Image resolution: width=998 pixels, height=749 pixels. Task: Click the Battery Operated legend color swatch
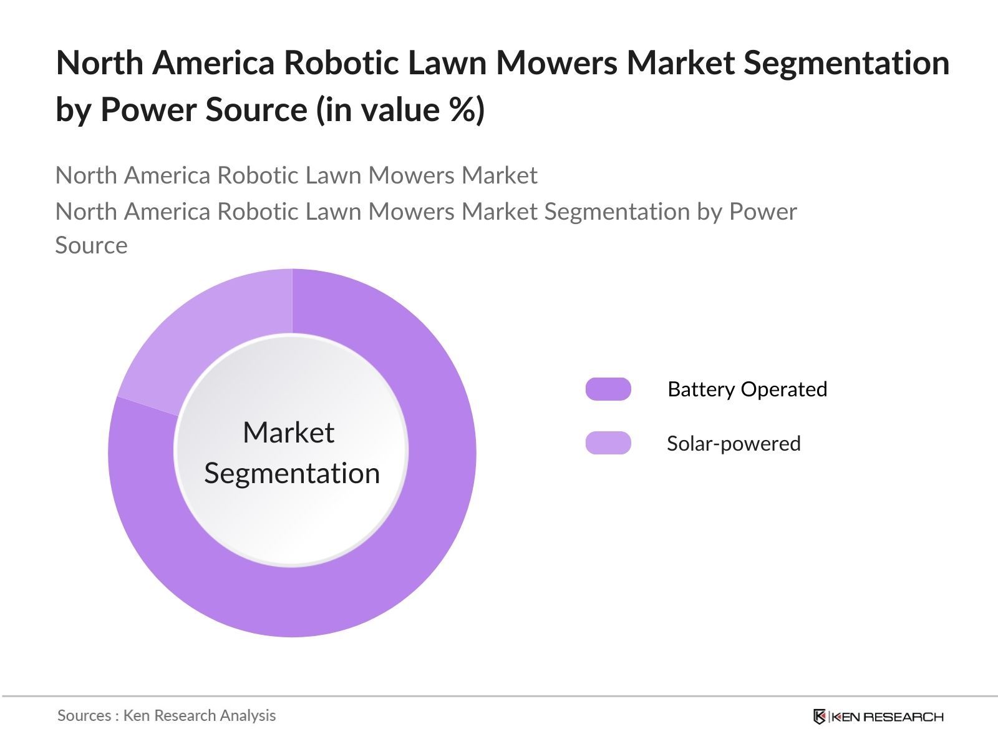click(608, 389)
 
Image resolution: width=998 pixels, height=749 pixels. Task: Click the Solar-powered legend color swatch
click(608, 443)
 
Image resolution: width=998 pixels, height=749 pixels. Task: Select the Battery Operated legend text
click(747, 389)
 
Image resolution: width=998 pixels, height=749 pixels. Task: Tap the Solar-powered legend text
click(734, 443)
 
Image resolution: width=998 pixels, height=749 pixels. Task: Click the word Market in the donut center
click(288, 432)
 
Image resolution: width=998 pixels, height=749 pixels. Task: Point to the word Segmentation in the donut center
click(292, 473)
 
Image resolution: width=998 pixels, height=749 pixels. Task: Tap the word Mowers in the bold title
click(556, 62)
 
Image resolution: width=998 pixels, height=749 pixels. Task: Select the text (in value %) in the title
click(400, 110)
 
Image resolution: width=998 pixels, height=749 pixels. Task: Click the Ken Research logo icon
click(819, 717)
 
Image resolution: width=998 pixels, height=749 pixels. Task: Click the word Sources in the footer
click(84, 715)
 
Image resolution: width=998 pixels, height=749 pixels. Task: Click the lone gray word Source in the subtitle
click(91, 245)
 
